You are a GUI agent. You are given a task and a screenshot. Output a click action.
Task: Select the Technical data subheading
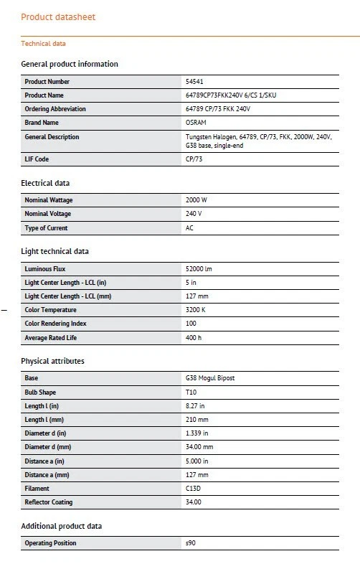[x=43, y=44]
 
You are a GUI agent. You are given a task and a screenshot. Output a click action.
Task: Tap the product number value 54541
[x=195, y=82]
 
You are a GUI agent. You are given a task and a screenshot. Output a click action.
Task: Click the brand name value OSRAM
[x=196, y=123]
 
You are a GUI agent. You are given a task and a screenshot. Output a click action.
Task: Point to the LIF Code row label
[x=37, y=159]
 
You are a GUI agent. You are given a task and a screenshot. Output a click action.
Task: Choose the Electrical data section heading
[x=45, y=183]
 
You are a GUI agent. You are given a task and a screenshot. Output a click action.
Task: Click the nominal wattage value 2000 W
[x=196, y=200]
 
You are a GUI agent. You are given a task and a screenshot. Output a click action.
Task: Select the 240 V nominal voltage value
[x=194, y=214]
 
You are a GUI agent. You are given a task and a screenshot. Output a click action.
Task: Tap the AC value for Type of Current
[x=190, y=228]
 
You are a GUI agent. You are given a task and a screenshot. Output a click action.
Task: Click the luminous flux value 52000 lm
[x=199, y=269]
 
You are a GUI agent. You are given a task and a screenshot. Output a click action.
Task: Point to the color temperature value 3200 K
[x=195, y=310]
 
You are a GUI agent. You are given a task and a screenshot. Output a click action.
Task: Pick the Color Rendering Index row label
[x=55, y=324]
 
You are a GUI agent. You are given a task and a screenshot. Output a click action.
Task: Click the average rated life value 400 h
[x=194, y=337]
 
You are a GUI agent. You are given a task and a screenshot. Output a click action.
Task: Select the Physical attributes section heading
[x=52, y=361]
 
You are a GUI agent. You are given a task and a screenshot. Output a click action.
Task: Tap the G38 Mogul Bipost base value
[x=210, y=378]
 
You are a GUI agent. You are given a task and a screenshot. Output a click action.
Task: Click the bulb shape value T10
[x=191, y=392]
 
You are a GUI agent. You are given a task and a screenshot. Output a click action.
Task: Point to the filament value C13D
[x=194, y=489]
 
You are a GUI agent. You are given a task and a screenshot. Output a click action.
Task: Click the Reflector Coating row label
[x=48, y=502]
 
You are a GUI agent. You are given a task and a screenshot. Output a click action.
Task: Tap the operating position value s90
[x=191, y=543]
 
